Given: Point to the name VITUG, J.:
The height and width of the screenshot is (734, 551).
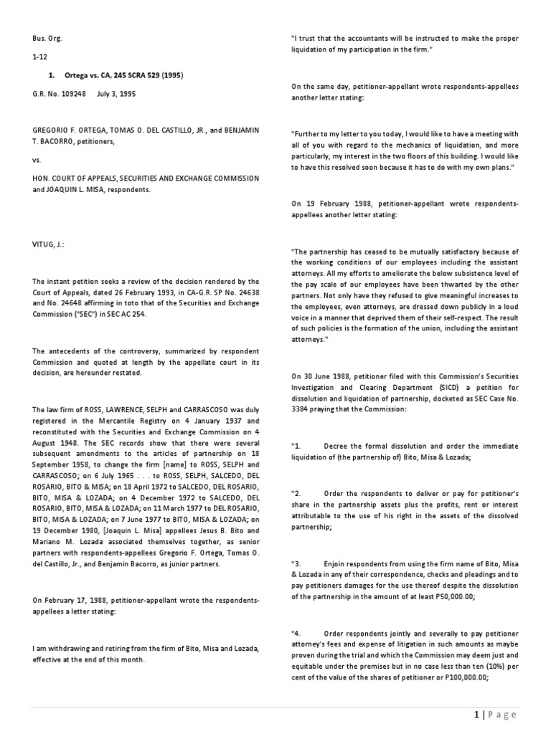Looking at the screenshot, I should click(x=49, y=243).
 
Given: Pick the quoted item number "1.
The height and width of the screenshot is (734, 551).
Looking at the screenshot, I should click(x=296, y=447).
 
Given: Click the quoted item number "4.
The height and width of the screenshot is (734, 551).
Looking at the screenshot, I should click(x=296, y=633).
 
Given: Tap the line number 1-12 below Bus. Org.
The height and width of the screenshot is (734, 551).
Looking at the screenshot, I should click(x=39, y=57).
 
